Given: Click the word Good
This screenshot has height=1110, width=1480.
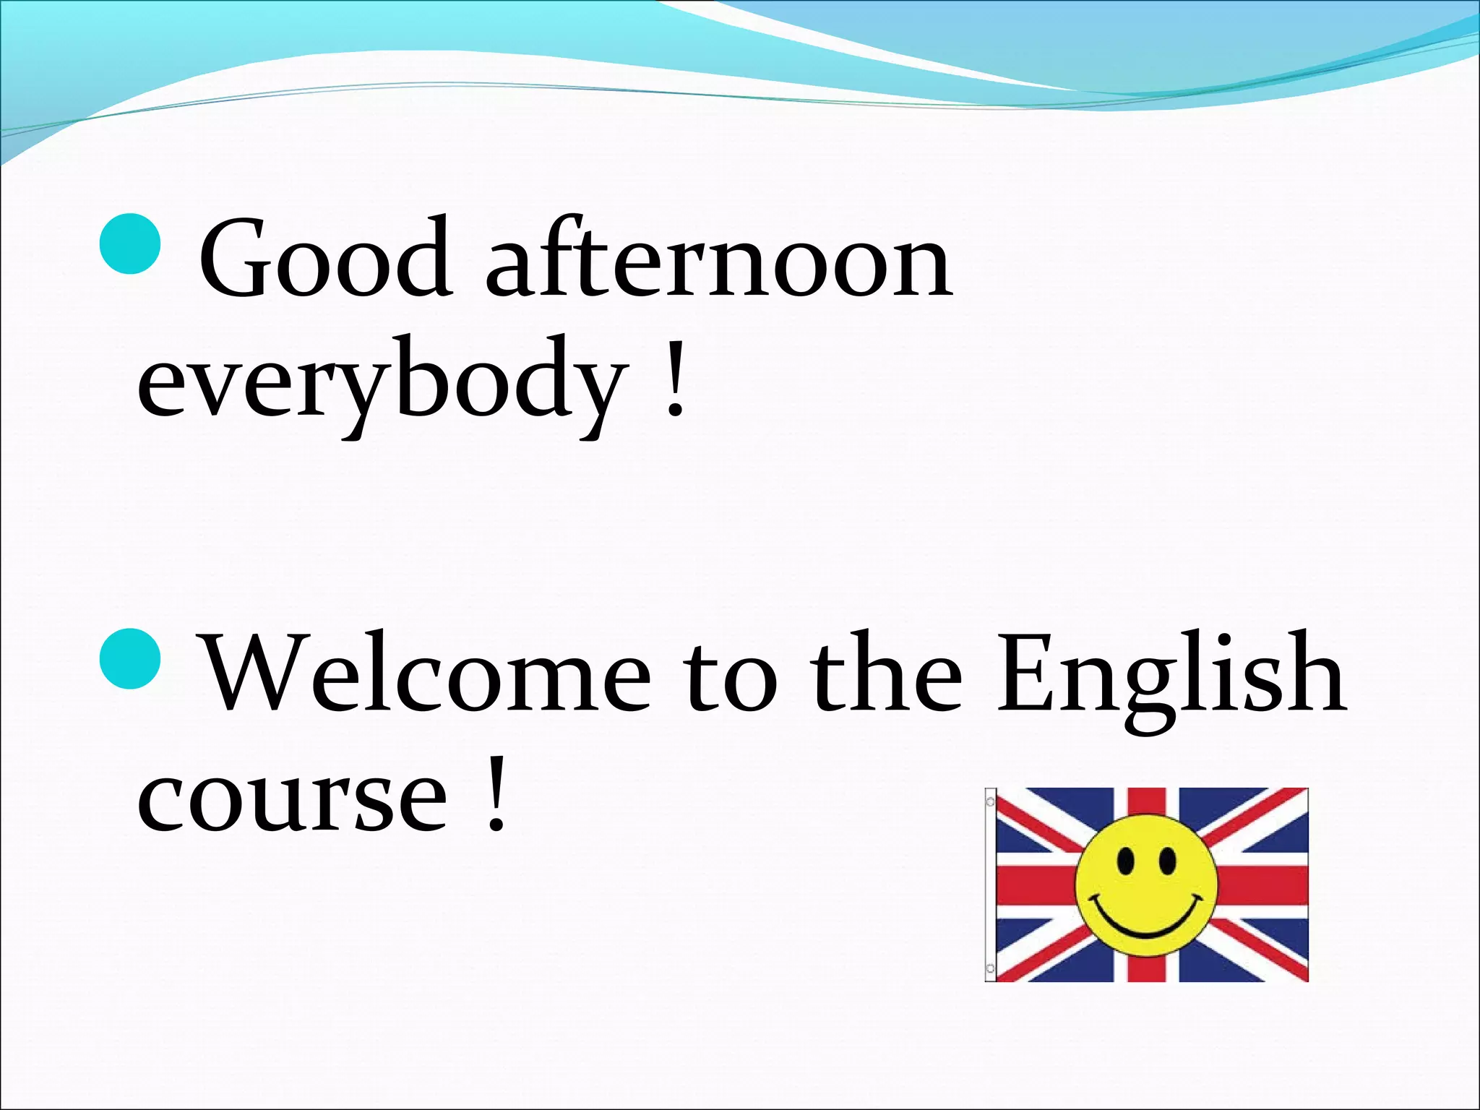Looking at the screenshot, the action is coord(326,257).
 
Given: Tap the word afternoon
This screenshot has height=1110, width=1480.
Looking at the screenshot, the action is coord(720,257).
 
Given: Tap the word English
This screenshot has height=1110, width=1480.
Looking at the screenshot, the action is coord(1172,681).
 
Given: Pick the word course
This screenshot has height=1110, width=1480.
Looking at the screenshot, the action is coord(293,799).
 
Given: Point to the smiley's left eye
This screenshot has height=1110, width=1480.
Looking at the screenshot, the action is coord(1125,861).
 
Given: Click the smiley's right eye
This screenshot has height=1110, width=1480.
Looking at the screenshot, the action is coord(1167,861).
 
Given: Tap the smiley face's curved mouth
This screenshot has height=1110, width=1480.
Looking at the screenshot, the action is coord(1146,918).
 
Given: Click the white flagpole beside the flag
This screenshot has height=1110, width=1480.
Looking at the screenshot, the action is coord(990,885).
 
